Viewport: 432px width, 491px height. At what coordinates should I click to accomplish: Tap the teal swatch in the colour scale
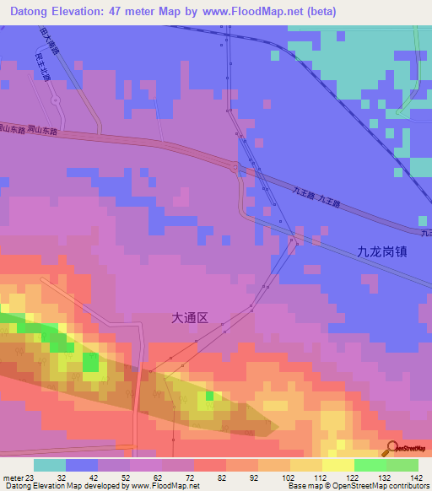(x=50, y=465)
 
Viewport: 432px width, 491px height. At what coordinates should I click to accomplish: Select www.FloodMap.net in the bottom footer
(x=164, y=485)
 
